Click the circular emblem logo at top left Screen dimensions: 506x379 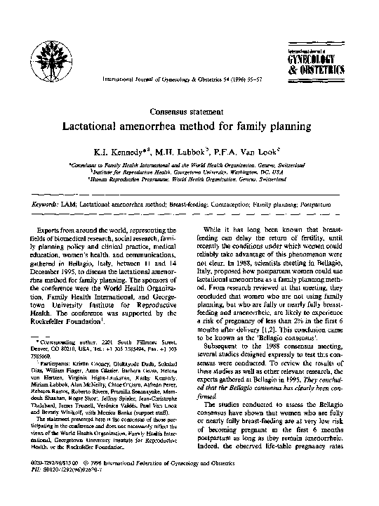pyautogui.click(x=53, y=51)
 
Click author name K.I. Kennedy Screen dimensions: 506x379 pyautogui.click(x=133, y=152)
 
